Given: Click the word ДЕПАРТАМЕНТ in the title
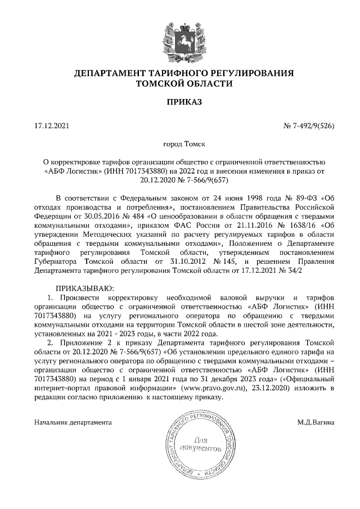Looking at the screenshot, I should pos(112,73).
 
